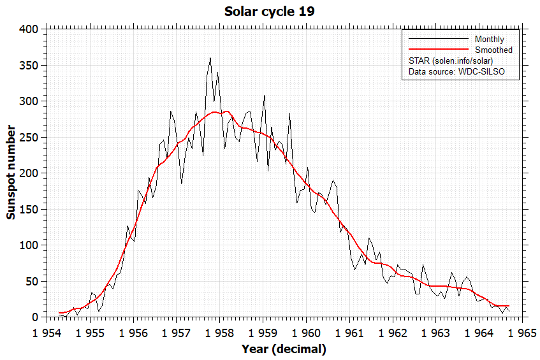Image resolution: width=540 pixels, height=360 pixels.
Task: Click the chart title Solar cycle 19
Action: coord(270,12)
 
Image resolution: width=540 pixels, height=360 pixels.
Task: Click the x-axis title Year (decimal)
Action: coord(284,349)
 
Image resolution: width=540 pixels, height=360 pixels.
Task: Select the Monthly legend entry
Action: coord(489,40)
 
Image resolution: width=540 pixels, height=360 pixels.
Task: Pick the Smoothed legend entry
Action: coord(493,50)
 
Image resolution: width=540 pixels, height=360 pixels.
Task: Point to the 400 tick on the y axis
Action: coord(29,29)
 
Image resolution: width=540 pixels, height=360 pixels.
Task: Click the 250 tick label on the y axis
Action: coord(29,137)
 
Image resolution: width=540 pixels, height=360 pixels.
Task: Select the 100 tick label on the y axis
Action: coord(29,245)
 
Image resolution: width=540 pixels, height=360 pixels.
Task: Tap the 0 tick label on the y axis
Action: coord(36,317)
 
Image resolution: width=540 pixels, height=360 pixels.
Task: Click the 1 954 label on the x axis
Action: coord(47,333)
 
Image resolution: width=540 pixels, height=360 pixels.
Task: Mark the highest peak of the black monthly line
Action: coord(210,58)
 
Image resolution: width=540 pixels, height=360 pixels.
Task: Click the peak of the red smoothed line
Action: coord(227,111)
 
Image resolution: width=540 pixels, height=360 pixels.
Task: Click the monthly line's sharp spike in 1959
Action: coord(265,96)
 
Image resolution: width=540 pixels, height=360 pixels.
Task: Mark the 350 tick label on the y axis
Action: coord(29,66)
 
